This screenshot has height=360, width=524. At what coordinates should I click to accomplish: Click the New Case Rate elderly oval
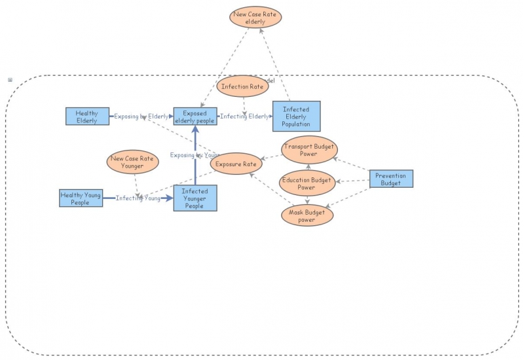tap(255, 18)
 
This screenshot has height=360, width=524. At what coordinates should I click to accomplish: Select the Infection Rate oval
tap(242, 86)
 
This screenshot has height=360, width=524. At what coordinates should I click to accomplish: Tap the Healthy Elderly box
tap(87, 117)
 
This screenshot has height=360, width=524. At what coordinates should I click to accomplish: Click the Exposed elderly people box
tap(195, 117)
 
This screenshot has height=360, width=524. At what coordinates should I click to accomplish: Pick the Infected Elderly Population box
tap(296, 117)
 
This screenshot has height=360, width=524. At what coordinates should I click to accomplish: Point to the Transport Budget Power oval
tap(309, 151)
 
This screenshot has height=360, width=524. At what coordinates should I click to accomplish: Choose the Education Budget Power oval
tap(307, 183)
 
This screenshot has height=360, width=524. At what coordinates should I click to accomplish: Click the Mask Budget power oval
tap(307, 216)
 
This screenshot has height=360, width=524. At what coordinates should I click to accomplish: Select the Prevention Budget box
tap(391, 179)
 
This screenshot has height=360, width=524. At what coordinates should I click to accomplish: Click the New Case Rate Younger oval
tap(132, 162)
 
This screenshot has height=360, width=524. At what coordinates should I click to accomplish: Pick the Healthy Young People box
tap(81, 198)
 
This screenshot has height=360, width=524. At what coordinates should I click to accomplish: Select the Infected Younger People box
tap(195, 198)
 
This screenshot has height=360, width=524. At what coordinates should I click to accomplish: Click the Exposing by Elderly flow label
tap(141, 117)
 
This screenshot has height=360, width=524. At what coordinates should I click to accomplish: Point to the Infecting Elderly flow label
tap(244, 117)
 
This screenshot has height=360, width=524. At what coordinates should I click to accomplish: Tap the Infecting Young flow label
tap(138, 198)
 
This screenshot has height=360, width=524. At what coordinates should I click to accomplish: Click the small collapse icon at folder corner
tap(10, 80)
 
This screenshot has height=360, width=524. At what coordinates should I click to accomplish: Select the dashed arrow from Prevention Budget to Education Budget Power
tap(353, 181)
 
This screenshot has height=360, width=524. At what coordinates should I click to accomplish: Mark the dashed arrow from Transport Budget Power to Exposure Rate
tap(272, 157)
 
